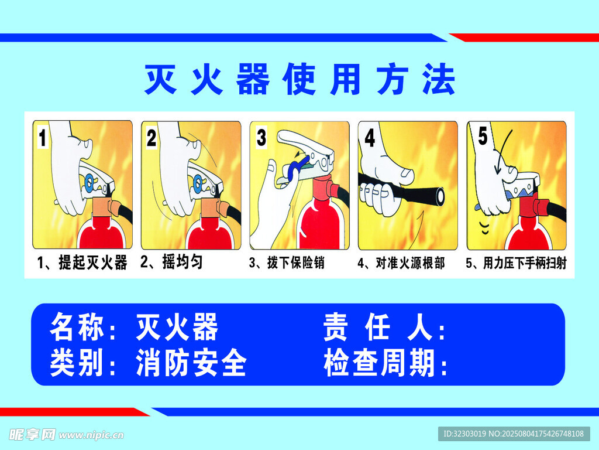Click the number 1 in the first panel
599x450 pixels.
tap(43, 138)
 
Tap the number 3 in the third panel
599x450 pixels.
tap(261, 137)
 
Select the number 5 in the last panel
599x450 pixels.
tap(483, 136)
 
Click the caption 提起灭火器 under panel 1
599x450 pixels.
tap(93, 262)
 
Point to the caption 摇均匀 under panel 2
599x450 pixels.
tap(183, 262)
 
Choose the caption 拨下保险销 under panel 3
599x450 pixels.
tap(295, 263)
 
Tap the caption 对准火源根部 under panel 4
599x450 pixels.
tap(410, 263)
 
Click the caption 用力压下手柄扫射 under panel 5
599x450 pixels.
tap(525, 263)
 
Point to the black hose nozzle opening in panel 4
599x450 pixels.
tap(440, 196)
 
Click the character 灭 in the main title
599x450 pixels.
tap(160, 79)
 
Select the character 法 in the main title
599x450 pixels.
tap(439, 79)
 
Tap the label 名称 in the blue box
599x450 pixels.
tap(77, 326)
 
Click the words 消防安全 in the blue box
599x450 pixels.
tap(191, 362)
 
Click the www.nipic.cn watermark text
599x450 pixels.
tap(91, 435)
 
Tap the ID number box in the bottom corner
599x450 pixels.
tap(514, 434)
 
